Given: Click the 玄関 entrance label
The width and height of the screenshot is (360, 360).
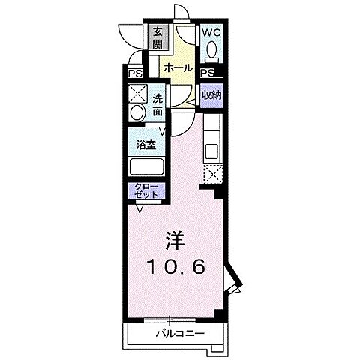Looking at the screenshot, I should pos(158,38).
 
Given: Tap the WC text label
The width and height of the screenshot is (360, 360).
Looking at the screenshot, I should pos(210,33).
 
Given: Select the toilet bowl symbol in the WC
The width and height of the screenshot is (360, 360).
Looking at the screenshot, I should pos(211,49).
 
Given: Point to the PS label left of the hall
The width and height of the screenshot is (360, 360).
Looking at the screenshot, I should pos(135,73).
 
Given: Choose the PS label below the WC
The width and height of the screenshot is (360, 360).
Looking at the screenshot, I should pos(207,73).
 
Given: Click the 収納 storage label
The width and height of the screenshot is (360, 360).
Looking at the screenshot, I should pos(211,95).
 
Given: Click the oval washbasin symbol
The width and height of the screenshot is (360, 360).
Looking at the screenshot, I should pos(136,113).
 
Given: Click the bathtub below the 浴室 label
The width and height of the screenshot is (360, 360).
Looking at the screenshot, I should pos(145,166).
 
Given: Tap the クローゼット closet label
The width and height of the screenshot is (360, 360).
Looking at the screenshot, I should pos(146,189).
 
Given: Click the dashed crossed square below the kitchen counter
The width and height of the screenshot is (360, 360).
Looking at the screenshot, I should pos(211,174).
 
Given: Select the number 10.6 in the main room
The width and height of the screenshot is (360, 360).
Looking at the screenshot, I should pos(174,265).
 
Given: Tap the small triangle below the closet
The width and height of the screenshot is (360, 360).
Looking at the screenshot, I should pos(139,211).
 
